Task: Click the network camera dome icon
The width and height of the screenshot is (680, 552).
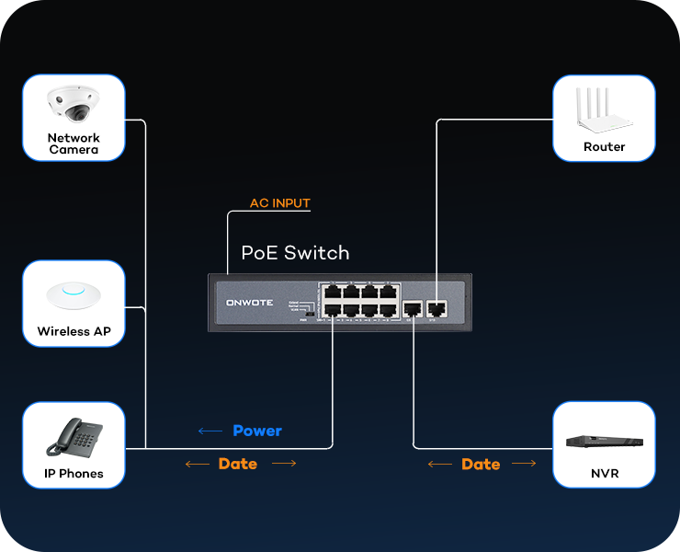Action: [74, 104]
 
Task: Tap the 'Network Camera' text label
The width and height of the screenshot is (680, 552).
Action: [74, 144]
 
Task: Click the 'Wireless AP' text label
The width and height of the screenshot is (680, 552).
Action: [74, 331]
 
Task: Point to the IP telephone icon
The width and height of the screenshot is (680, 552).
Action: [74, 438]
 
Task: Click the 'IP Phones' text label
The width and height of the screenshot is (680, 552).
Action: [74, 474]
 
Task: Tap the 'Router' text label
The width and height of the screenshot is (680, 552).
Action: [604, 147]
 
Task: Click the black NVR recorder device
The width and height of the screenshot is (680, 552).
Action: [604, 442]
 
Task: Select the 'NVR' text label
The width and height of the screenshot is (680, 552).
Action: [605, 474]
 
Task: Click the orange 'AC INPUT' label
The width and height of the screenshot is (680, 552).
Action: [280, 203]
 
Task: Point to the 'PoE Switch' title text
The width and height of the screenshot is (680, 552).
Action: [295, 253]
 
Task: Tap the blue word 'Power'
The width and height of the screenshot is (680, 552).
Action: [257, 431]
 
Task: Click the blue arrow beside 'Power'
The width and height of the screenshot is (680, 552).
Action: [210, 431]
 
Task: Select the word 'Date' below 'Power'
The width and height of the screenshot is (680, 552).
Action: [238, 464]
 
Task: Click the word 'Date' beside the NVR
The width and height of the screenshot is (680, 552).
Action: [481, 464]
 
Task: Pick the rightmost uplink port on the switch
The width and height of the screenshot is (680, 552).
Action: [437, 309]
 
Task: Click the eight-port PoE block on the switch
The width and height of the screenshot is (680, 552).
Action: [359, 301]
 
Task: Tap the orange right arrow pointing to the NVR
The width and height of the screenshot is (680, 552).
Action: [524, 464]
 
